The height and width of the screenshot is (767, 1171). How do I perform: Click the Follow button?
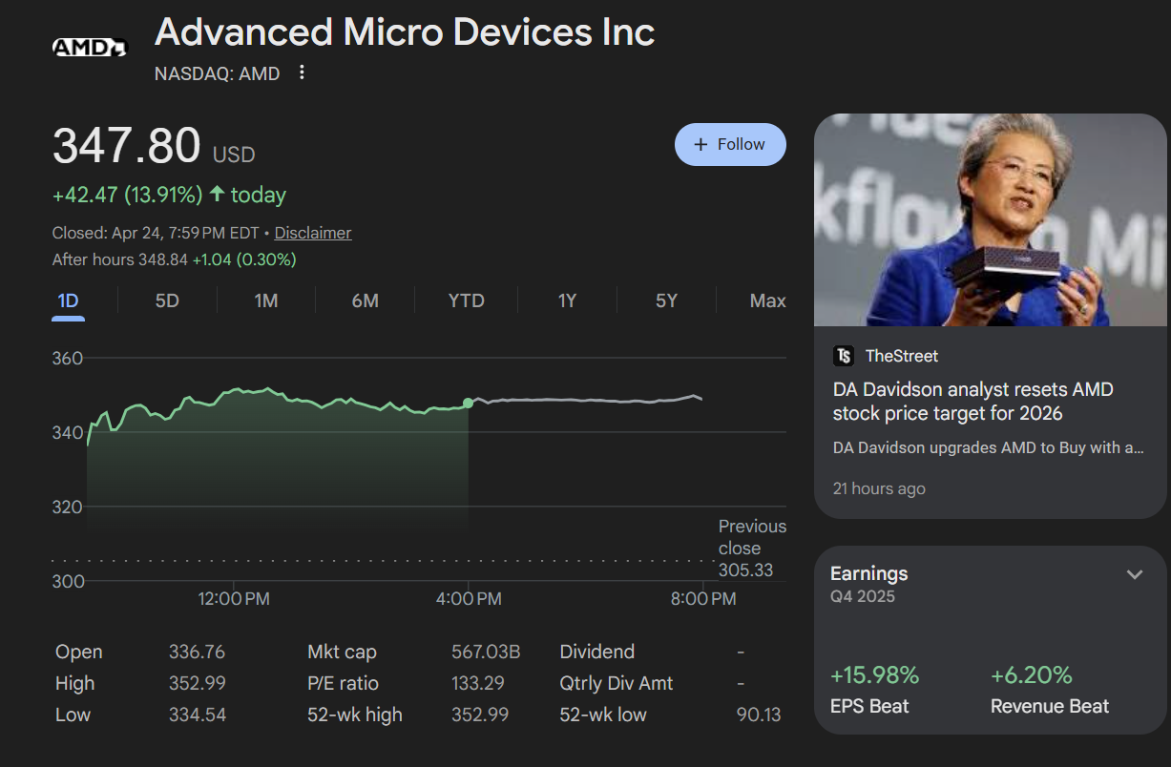(730, 144)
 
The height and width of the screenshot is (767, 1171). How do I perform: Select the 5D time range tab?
(167, 301)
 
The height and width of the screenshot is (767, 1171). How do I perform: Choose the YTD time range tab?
(467, 301)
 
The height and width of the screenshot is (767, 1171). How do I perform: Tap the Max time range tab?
(767, 301)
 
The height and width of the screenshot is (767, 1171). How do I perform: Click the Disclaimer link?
(313, 233)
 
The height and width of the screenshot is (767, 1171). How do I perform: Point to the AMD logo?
(89, 47)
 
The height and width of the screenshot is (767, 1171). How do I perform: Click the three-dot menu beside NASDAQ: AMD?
(303, 73)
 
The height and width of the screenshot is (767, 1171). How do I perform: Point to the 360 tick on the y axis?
(68, 359)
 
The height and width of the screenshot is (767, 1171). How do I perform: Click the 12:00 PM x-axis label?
(234, 599)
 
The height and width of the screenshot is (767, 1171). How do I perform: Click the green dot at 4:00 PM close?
(468, 404)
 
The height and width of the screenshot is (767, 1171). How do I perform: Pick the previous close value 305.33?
(745, 570)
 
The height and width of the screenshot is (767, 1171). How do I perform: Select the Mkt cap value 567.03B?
(485, 653)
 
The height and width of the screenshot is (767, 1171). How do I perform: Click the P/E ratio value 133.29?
(478, 684)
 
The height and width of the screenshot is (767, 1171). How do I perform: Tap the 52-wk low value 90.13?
(759, 715)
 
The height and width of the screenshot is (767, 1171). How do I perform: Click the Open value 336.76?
(197, 653)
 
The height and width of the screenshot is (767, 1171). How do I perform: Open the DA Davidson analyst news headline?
(972, 402)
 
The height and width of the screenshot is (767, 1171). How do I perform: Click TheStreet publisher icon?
(844, 356)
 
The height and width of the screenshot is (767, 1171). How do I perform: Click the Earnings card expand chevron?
(1135, 574)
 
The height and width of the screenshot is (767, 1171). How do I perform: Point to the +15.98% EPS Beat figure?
(874, 675)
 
